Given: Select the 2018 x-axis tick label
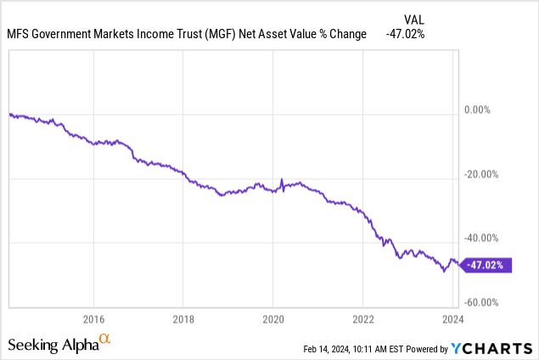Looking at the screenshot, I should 183,319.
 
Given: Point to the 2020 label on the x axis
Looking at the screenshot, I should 273,319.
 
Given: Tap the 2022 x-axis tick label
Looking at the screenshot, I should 362,319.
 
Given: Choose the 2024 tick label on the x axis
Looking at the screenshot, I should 452,319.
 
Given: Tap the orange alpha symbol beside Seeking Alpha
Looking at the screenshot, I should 104,339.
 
